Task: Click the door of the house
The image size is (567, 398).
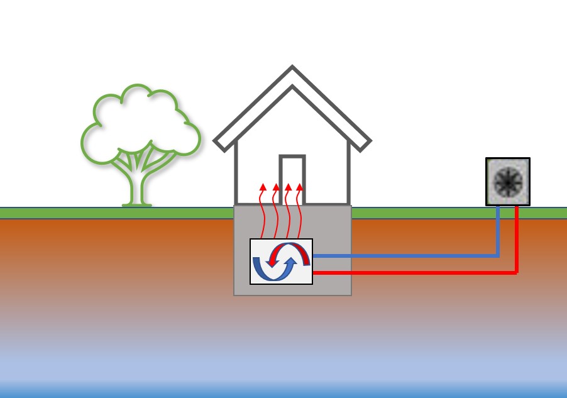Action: (x=292, y=180)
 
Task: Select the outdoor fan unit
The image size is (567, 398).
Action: (x=508, y=181)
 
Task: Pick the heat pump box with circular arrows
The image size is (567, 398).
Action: (x=281, y=262)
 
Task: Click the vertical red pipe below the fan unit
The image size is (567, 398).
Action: (x=516, y=239)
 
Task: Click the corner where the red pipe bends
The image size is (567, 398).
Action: (x=516, y=272)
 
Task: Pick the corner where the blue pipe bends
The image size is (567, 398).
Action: (x=498, y=256)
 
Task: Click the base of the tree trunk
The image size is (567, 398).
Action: (x=136, y=203)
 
